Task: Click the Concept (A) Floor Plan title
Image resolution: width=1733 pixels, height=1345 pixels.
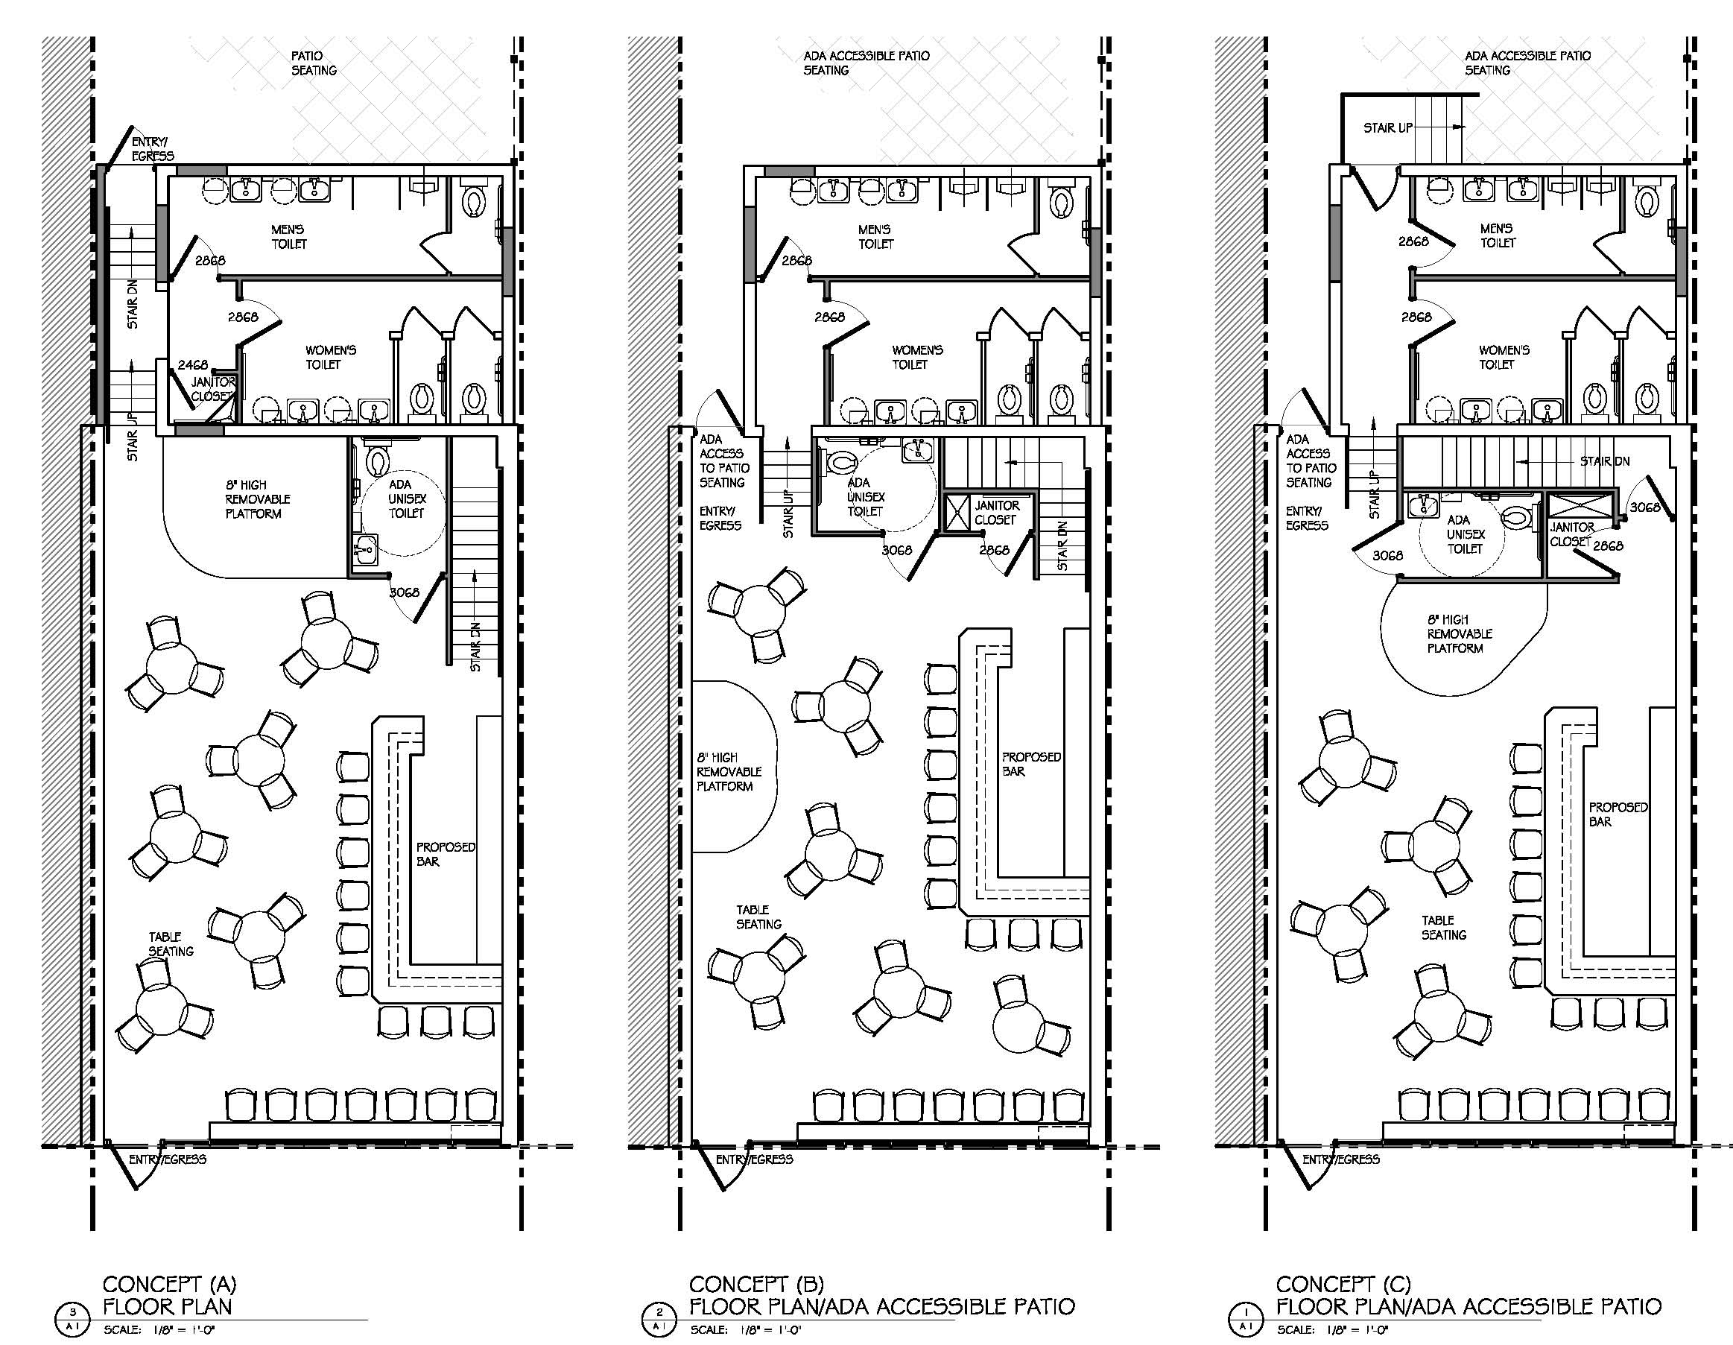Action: click(169, 1295)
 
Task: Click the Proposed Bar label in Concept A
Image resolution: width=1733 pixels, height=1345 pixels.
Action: click(445, 854)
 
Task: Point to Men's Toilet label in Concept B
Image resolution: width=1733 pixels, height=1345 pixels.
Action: click(875, 236)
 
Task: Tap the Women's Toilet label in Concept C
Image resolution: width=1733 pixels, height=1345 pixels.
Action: click(1504, 357)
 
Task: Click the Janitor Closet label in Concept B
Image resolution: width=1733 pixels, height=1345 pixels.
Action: click(997, 513)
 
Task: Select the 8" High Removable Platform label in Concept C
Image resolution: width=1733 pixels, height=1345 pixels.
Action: click(1460, 633)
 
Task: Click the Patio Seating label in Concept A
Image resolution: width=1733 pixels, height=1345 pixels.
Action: click(314, 63)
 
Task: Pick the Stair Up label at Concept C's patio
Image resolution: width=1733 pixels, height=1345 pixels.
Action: click(1388, 127)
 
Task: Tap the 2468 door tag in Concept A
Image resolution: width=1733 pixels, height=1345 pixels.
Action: click(192, 365)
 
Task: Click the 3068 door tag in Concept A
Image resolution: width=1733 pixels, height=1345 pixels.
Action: click(404, 592)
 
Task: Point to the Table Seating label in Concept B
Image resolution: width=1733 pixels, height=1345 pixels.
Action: click(758, 917)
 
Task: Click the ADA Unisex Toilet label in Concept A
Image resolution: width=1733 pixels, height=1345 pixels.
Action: click(406, 499)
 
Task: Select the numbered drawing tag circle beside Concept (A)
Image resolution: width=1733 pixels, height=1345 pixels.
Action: click(72, 1320)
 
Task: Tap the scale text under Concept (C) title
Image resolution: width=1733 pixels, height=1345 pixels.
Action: click(1332, 1329)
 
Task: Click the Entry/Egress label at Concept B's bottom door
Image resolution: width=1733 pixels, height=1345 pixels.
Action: click(754, 1159)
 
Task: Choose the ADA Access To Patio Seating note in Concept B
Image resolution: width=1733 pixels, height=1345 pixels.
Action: click(723, 461)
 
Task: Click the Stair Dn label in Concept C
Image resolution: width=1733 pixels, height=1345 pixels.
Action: click(1604, 461)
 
